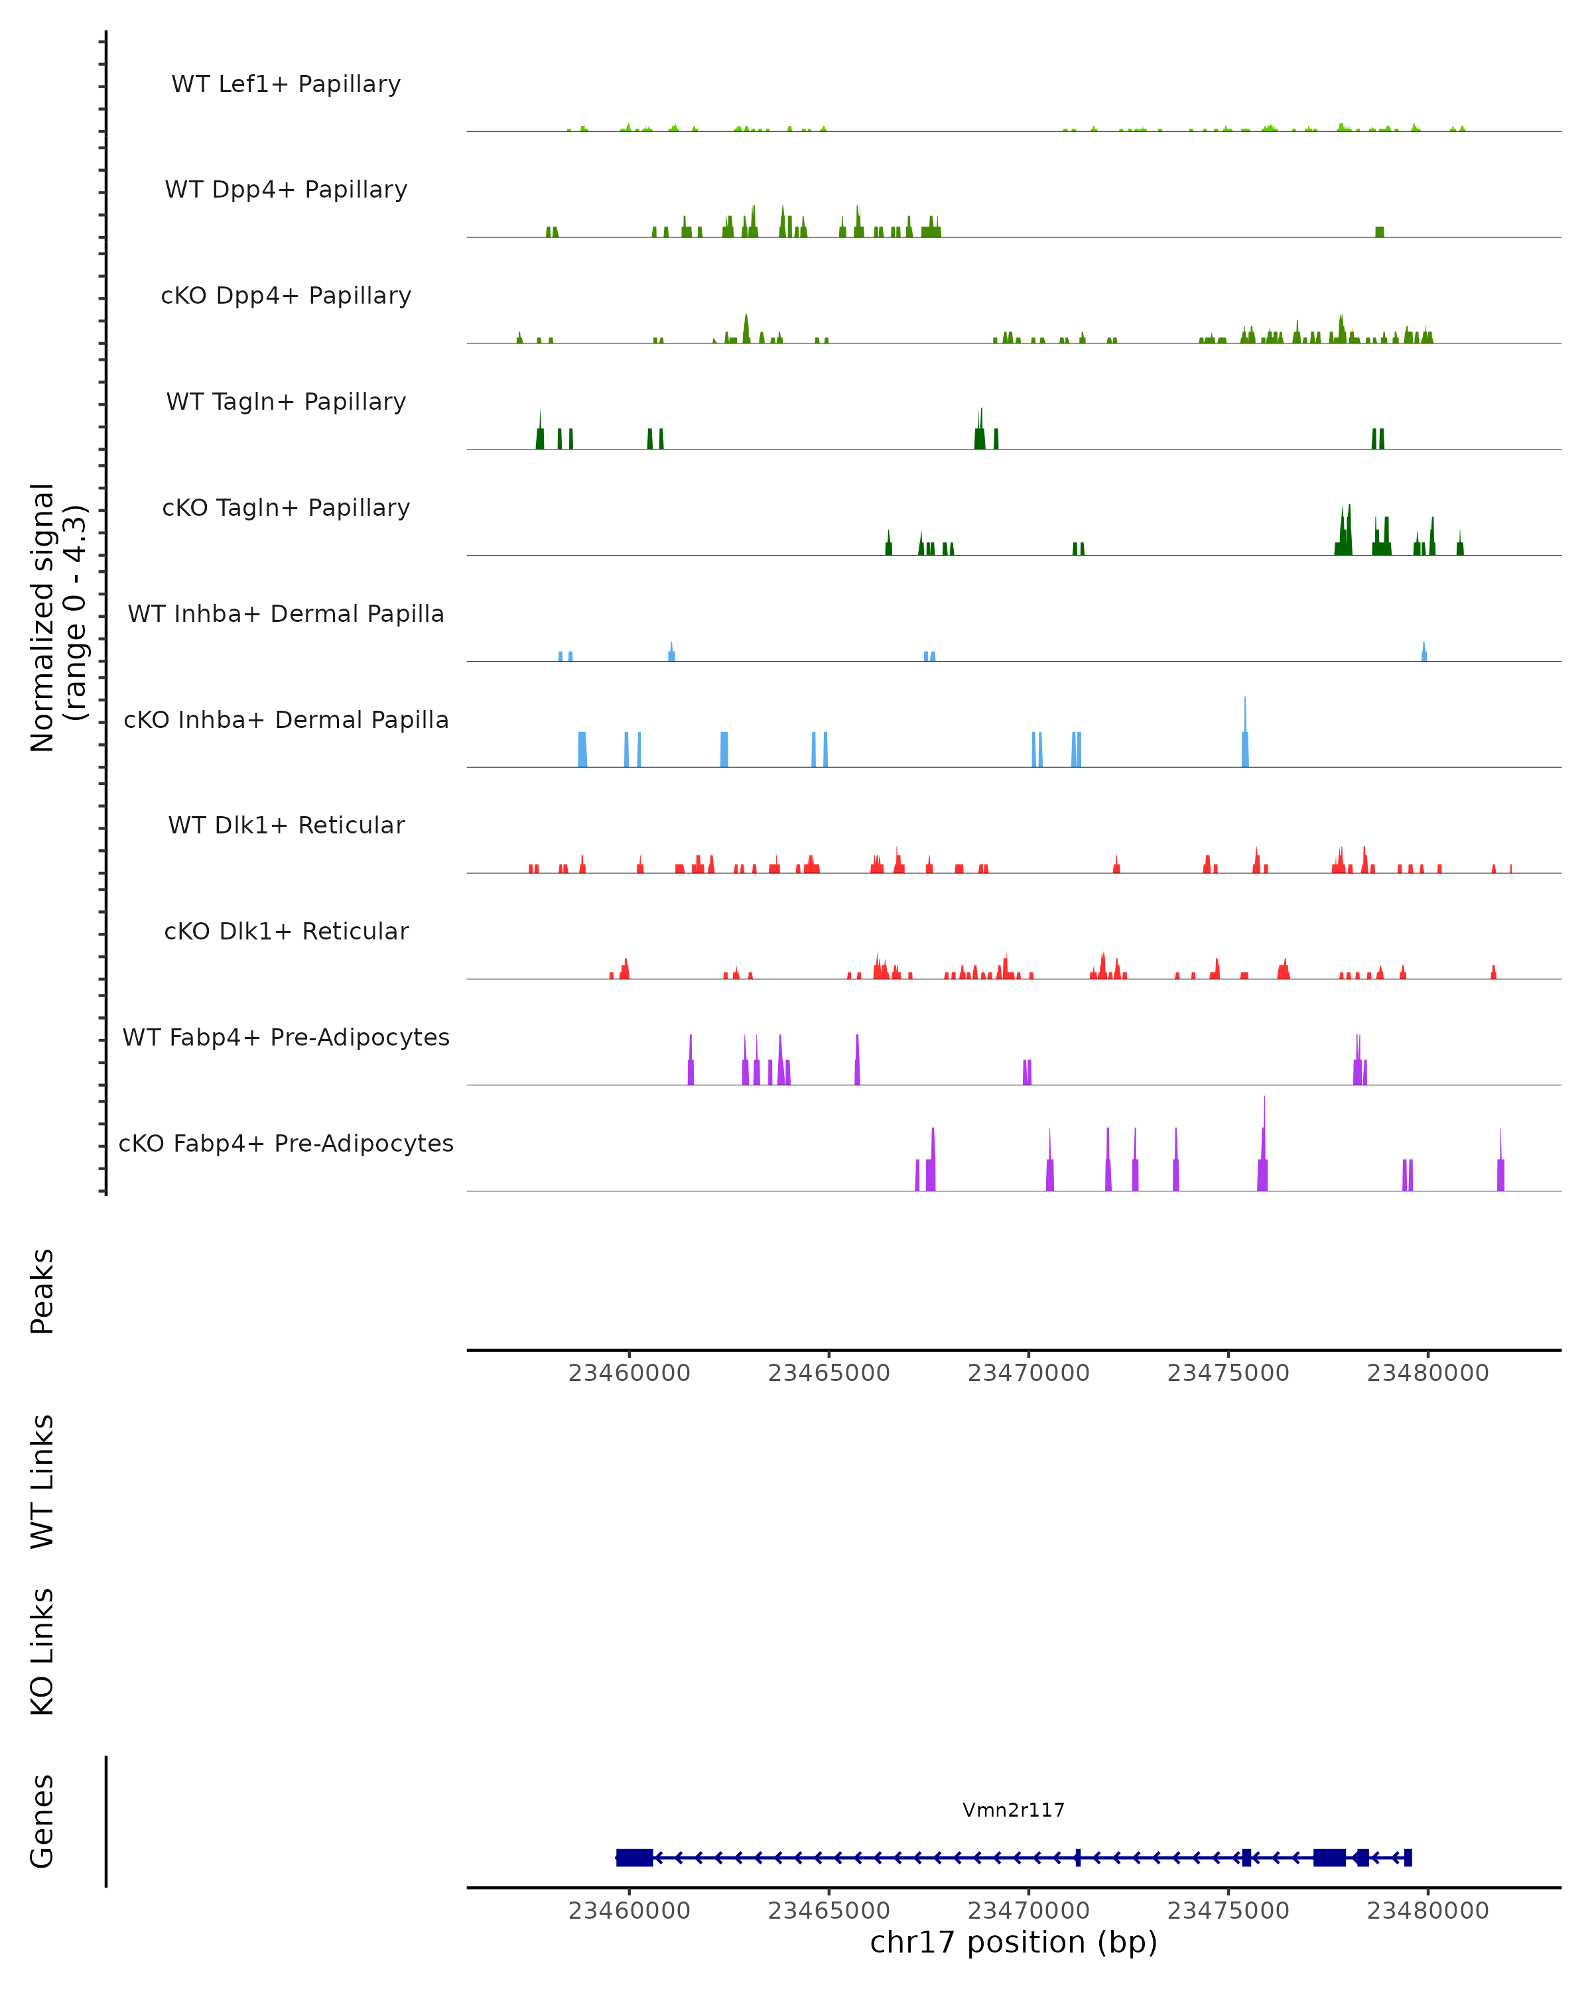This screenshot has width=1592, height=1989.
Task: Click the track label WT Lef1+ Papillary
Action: [x=286, y=84]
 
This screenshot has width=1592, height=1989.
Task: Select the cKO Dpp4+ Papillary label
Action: [x=286, y=296]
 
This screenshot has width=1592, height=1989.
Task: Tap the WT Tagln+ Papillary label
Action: [x=286, y=402]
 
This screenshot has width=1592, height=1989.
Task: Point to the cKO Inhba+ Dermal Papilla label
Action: [x=286, y=721]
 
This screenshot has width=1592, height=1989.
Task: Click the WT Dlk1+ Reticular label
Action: [x=286, y=825]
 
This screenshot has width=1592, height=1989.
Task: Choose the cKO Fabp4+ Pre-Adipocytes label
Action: [x=286, y=1144]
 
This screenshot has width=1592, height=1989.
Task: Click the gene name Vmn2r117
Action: [x=1014, y=1811]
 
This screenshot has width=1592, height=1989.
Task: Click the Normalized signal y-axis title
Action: [x=57, y=617]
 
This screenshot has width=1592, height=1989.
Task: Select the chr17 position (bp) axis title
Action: [x=1014, y=1943]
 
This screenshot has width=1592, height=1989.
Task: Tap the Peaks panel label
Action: [x=42, y=1292]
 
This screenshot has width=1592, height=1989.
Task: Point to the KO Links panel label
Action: [x=42, y=1652]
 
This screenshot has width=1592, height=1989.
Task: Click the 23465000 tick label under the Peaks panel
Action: [x=829, y=1374]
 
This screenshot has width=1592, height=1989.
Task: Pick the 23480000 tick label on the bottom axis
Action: [x=1427, y=1911]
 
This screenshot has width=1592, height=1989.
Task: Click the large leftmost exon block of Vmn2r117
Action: [x=635, y=1858]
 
